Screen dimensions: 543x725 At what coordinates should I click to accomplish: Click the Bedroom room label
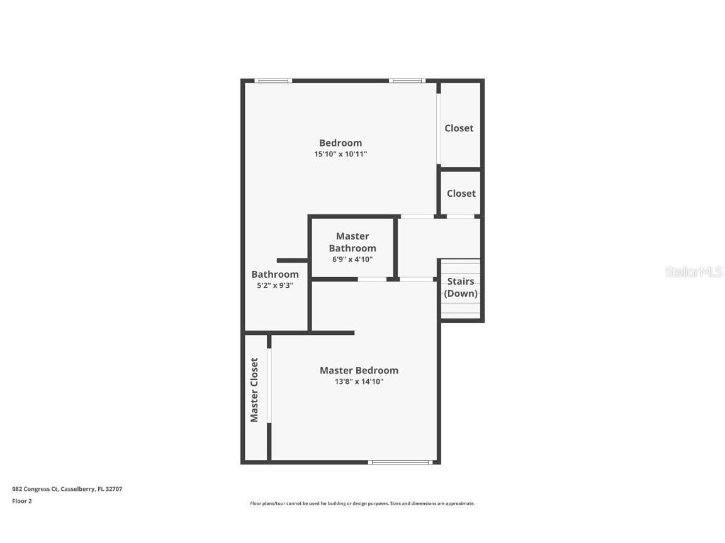pyautogui.click(x=340, y=143)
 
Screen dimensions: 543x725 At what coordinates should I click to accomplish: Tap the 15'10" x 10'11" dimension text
pyautogui.click(x=340, y=154)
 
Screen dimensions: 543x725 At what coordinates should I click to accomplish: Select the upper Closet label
pyautogui.click(x=459, y=128)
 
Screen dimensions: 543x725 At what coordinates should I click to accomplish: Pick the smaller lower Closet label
pyautogui.click(x=461, y=194)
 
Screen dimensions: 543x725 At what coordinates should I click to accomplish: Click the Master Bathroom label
pyautogui.click(x=352, y=242)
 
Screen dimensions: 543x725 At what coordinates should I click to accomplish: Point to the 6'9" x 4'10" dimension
pyautogui.click(x=352, y=259)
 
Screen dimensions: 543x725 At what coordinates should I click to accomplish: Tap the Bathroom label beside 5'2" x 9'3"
pyautogui.click(x=275, y=274)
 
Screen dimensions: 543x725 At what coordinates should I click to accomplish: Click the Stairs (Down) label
pyautogui.click(x=461, y=287)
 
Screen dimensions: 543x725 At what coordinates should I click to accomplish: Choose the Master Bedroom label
pyautogui.click(x=359, y=370)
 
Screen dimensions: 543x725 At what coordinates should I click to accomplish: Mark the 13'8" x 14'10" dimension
pyautogui.click(x=359, y=381)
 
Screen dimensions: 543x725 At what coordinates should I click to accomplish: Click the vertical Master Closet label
pyautogui.click(x=254, y=390)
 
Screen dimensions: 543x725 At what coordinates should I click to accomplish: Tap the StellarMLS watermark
pyautogui.click(x=694, y=272)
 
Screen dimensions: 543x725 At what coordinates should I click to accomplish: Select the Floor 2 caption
pyautogui.click(x=22, y=501)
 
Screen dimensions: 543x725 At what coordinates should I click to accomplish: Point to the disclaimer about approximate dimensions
pyautogui.click(x=362, y=503)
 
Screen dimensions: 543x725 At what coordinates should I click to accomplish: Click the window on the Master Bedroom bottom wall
pyautogui.click(x=400, y=463)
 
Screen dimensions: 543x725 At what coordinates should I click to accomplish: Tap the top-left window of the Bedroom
pyautogui.click(x=273, y=80)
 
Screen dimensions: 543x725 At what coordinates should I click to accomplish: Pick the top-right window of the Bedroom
pyautogui.click(x=407, y=80)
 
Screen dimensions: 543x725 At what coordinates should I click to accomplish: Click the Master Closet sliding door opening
pyautogui.click(x=269, y=386)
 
